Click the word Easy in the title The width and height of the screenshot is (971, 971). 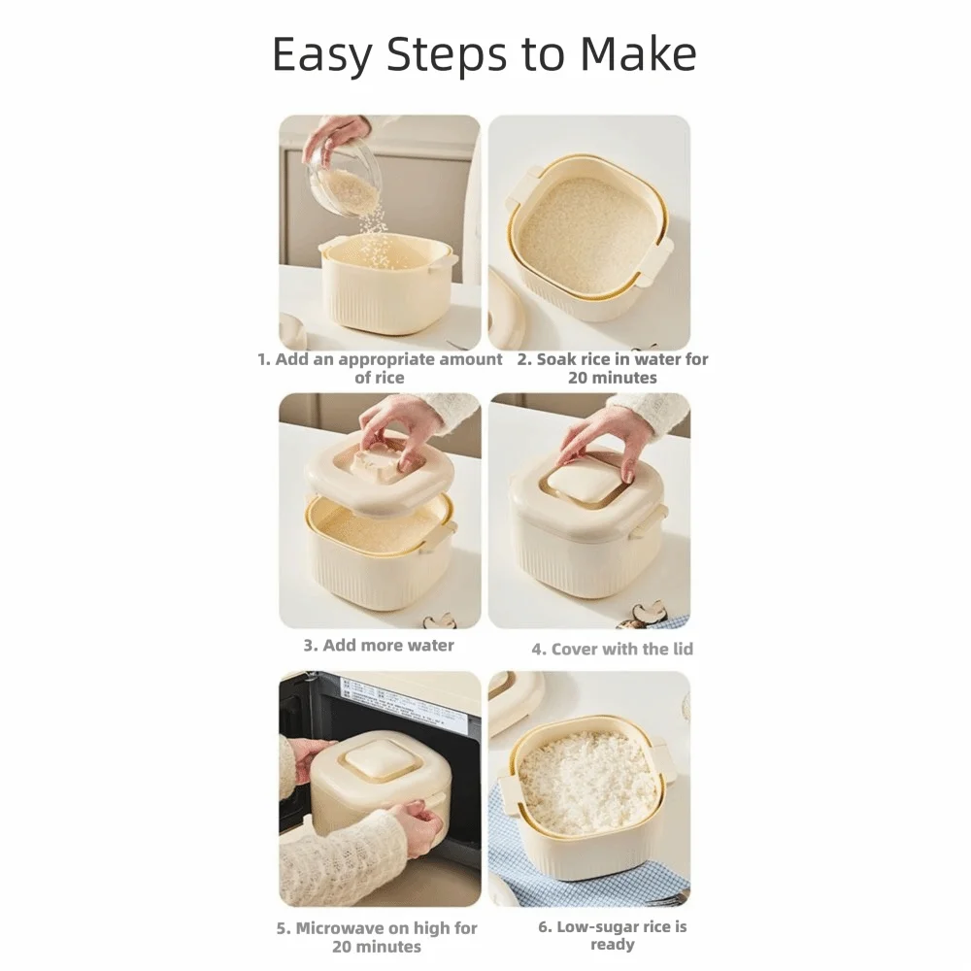point(322,55)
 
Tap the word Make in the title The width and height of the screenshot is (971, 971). point(638,53)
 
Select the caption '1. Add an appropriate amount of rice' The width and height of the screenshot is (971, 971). point(380,368)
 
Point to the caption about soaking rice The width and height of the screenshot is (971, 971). point(613,368)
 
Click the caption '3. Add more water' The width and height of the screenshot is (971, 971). point(379,646)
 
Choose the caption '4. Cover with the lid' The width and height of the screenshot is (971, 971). point(613,649)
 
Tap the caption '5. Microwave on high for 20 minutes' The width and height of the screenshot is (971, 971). point(377,937)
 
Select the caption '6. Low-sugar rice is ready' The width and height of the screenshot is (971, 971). point(613,936)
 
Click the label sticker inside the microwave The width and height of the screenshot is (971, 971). point(390,701)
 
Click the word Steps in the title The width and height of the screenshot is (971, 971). point(445,55)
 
